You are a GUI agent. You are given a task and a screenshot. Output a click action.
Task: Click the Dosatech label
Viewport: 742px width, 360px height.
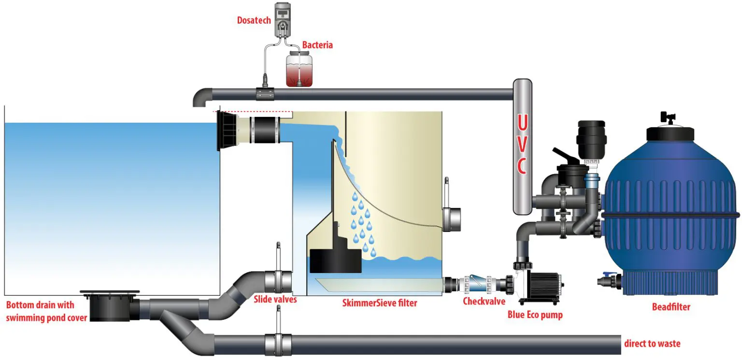pos(254,20)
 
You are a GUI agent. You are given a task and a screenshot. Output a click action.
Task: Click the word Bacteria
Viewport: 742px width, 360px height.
pos(317,45)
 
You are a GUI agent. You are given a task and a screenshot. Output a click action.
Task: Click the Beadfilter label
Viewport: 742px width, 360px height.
pos(671,307)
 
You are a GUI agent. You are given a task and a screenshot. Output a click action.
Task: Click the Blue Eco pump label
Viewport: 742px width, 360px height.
pos(535,315)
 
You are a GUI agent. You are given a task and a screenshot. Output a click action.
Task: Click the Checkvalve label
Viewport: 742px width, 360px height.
pos(484,302)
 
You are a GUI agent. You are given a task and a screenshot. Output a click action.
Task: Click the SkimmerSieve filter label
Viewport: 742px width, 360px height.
pos(379,303)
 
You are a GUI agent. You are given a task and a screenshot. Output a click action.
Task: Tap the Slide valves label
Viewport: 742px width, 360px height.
pos(275,299)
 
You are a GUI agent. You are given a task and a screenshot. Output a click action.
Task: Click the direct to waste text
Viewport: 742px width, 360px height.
pos(652,344)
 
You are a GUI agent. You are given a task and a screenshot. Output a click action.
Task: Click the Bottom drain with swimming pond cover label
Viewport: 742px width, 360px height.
pos(46,311)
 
